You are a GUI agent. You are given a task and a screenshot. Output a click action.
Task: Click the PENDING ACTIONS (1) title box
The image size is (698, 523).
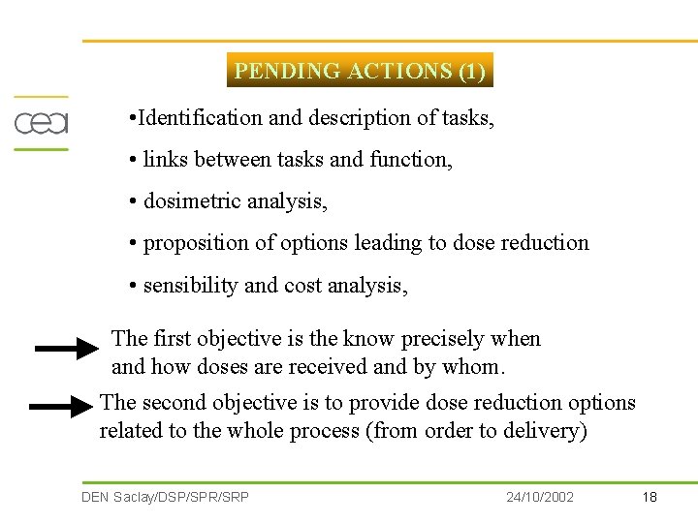click(360, 71)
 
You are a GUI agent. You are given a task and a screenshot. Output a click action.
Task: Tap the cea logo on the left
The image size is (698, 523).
click(41, 123)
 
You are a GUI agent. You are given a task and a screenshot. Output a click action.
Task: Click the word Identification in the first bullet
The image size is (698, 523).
click(201, 118)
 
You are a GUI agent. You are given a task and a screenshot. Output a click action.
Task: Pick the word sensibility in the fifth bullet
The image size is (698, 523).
click(191, 286)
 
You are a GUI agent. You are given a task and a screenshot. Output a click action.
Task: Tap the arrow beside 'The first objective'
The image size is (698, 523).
click(68, 349)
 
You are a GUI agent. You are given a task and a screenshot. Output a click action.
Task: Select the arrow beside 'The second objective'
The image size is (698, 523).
click(61, 409)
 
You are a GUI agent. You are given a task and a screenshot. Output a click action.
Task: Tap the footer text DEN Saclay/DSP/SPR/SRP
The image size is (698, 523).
click(165, 497)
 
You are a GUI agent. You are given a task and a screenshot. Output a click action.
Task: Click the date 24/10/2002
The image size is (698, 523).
click(540, 497)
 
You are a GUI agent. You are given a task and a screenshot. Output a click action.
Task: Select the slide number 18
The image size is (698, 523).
click(650, 497)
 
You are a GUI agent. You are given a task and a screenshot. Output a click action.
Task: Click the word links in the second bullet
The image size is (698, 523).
click(165, 160)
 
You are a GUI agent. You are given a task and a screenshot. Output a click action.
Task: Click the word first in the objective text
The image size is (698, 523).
click(172, 339)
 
